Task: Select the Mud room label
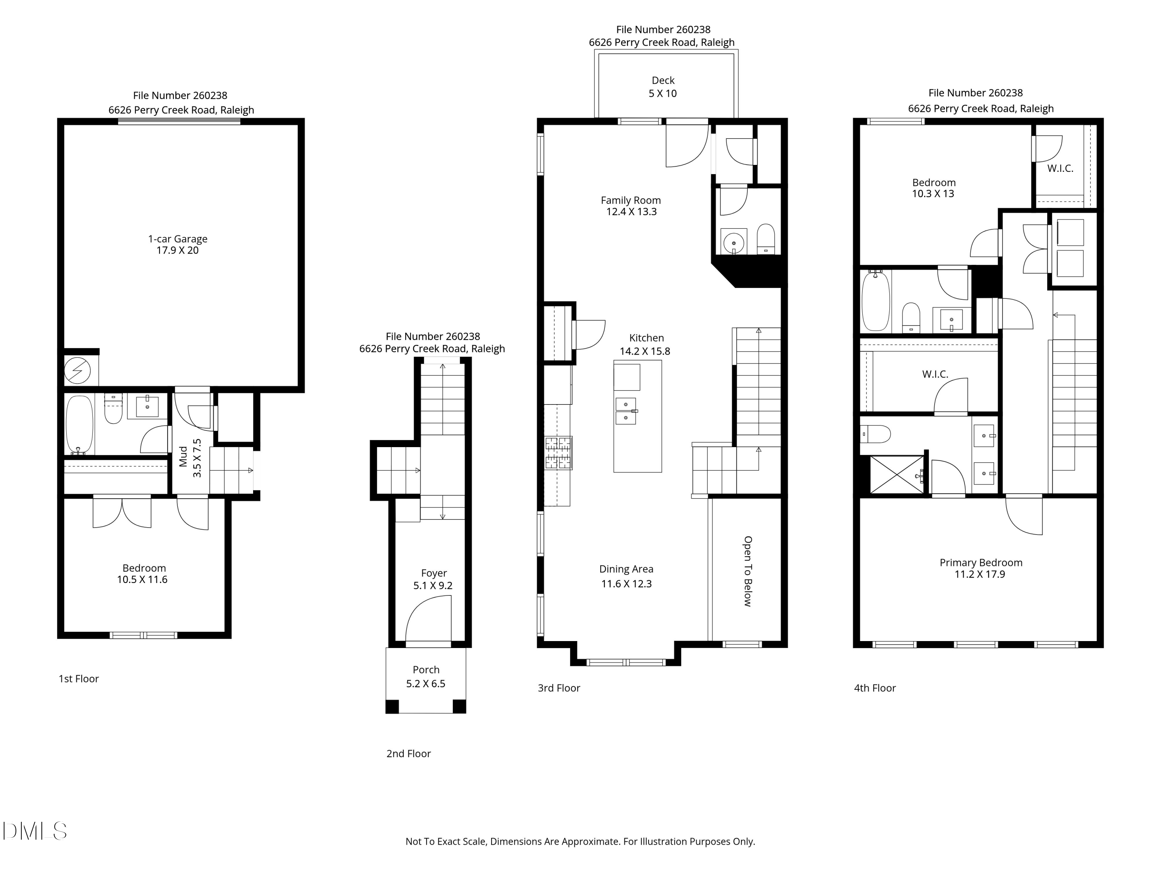(183, 456)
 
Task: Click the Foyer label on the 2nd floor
(434, 573)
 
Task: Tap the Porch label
(426, 670)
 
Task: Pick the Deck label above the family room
(663, 81)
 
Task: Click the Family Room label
(630, 200)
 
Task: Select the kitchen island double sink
(626, 411)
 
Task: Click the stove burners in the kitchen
(558, 453)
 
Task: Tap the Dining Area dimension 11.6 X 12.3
(626, 584)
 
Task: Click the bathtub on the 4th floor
(876, 300)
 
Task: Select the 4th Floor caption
(875, 688)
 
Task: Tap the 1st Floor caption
(79, 679)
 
